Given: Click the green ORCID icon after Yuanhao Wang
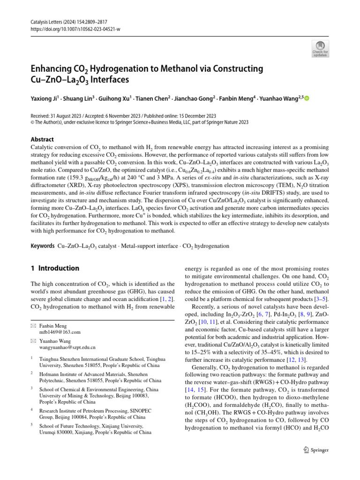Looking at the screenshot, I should pyautogui.click(x=307, y=98).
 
